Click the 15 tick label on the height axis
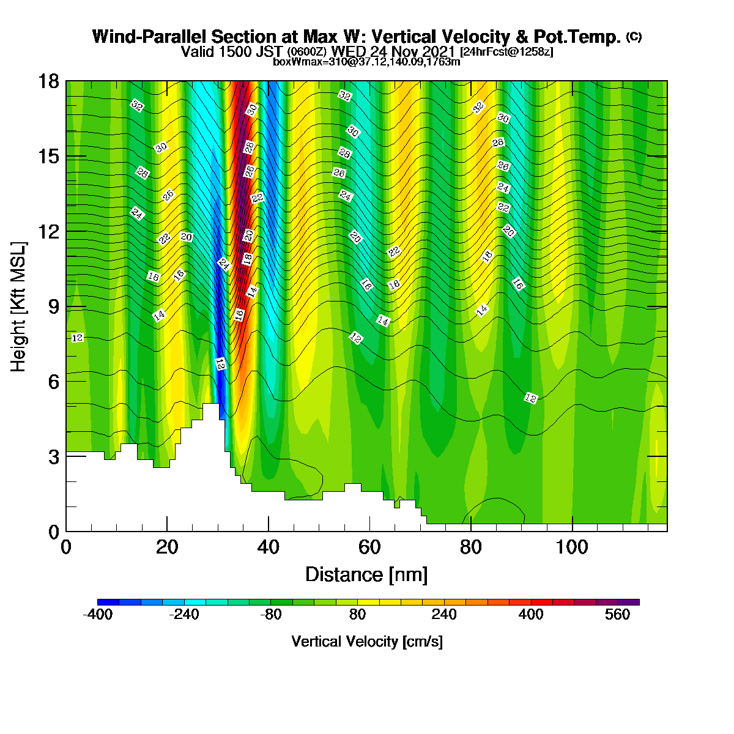click(x=49, y=157)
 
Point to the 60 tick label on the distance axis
click(x=369, y=547)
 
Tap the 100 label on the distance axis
click(x=572, y=547)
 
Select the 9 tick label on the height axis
click(x=54, y=306)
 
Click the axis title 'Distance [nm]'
click(x=366, y=574)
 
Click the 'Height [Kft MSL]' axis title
click(x=18, y=306)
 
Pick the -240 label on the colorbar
click(x=184, y=614)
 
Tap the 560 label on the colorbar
click(x=617, y=614)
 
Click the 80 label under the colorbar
click(x=357, y=614)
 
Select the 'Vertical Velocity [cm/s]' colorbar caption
click(x=367, y=642)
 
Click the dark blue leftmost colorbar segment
click(x=108, y=602)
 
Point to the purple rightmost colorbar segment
click(x=629, y=602)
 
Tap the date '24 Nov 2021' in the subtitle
click(x=412, y=51)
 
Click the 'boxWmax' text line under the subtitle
click(x=366, y=62)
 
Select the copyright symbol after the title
click(x=634, y=37)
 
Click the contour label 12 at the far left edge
click(x=77, y=338)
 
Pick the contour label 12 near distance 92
click(x=530, y=398)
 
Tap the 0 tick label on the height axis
click(x=54, y=532)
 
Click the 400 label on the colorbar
click(x=530, y=614)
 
